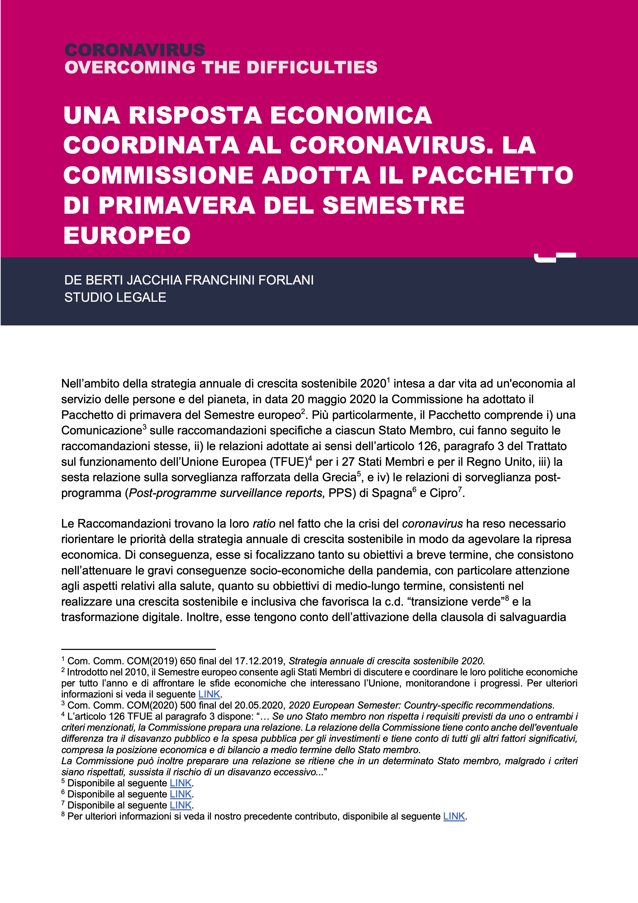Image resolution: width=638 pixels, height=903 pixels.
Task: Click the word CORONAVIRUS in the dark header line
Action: point(134,50)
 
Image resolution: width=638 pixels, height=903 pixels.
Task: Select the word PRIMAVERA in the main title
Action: point(177,205)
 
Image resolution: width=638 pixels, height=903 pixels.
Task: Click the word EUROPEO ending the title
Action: point(127,236)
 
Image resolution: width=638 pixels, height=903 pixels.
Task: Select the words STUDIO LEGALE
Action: point(115,297)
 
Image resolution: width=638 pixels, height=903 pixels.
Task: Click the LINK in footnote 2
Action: point(209,694)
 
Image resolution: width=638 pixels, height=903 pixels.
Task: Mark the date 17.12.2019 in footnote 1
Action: point(260,661)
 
